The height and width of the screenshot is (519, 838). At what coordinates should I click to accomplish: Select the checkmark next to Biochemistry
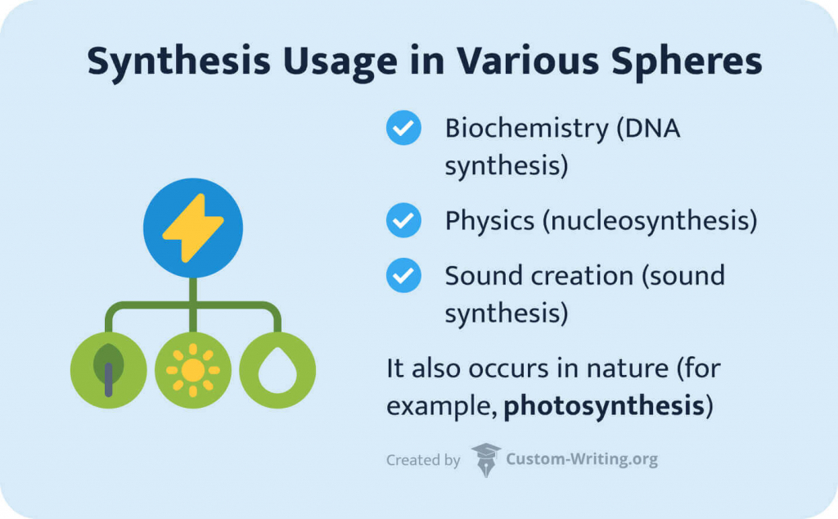pyautogui.click(x=403, y=129)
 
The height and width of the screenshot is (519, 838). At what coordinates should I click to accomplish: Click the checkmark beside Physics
pyautogui.click(x=403, y=220)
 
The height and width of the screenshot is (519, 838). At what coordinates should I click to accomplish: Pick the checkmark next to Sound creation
pyautogui.click(x=403, y=276)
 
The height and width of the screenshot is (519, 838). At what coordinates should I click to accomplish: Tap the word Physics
pyautogui.click(x=489, y=220)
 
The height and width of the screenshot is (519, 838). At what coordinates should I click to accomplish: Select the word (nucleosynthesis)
pyautogui.click(x=650, y=220)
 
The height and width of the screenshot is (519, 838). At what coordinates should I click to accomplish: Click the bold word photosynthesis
pyautogui.click(x=604, y=406)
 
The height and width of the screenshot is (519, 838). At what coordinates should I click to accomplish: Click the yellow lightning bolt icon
pyautogui.click(x=192, y=228)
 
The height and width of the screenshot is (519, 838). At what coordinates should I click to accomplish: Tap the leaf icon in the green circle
pyautogui.click(x=108, y=370)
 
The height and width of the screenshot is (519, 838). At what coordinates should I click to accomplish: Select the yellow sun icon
pyautogui.click(x=193, y=370)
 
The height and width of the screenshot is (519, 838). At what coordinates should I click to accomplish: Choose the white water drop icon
pyautogui.click(x=277, y=370)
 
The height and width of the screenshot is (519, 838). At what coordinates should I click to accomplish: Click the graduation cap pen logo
pyautogui.click(x=485, y=459)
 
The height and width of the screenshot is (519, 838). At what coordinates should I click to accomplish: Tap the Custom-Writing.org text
pyautogui.click(x=582, y=460)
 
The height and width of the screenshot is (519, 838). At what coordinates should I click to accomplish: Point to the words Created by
pyautogui.click(x=423, y=460)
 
